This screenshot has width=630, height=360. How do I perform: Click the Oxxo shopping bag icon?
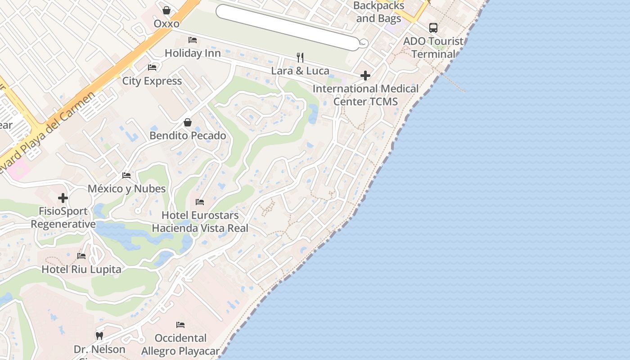[x=166, y=10]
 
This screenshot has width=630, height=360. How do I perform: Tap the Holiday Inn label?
[x=193, y=53]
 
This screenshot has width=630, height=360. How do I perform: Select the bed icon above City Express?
[x=152, y=67]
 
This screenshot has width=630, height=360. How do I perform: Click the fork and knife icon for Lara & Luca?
[x=300, y=57]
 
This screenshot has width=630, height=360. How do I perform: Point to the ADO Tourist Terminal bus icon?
[x=433, y=28]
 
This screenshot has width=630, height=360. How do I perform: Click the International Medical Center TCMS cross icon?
[x=365, y=75]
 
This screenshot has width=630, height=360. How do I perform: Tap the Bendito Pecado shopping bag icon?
[x=188, y=122]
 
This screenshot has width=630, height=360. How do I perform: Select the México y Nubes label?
[x=126, y=189]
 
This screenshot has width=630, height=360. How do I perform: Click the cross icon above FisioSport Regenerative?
[x=63, y=198]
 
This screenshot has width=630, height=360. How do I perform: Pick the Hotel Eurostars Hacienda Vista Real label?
[x=200, y=222]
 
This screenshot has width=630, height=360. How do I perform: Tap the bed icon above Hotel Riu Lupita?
[x=81, y=256]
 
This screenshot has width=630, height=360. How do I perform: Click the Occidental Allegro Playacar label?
[x=180, y=345]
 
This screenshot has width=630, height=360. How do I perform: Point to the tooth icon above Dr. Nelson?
[x=99, y=336]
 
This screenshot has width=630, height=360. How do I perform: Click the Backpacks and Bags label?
[x=378, y=12]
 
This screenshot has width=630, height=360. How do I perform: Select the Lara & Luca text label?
[x=300, y=71]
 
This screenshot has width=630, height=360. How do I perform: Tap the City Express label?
[x=152, y=81]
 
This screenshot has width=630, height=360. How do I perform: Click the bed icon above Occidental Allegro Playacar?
[x=180, y=324]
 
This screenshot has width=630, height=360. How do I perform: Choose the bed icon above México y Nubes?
[x=126, y=175]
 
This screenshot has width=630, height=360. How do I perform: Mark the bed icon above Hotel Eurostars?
[x=200, y=202]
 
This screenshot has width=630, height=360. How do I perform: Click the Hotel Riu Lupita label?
[x=81, y=270]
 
